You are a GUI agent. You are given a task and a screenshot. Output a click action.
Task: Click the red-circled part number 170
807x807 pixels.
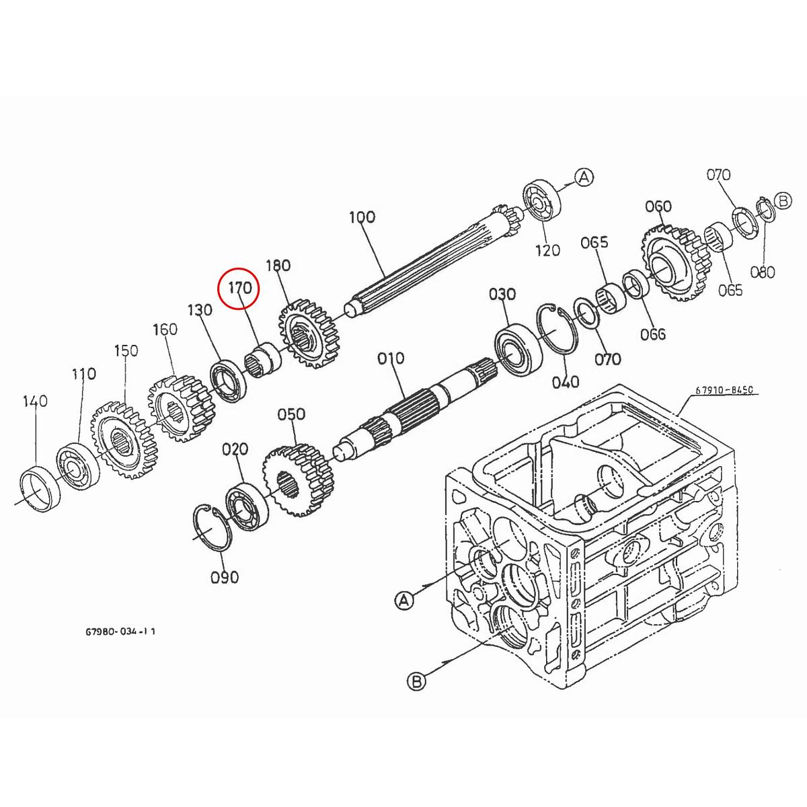[x=240, y=289]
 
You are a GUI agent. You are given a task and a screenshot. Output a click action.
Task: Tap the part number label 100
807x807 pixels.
[x=362, y=217]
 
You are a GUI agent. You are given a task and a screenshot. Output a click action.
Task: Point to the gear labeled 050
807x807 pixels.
[x=297, y=481]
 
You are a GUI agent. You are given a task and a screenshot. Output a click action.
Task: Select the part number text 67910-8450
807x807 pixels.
[x=723, y=389]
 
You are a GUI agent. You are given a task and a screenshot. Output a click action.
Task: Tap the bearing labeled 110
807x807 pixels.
[x=78, y=464]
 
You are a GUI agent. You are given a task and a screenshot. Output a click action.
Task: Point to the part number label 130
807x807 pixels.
[x=200, y=310]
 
